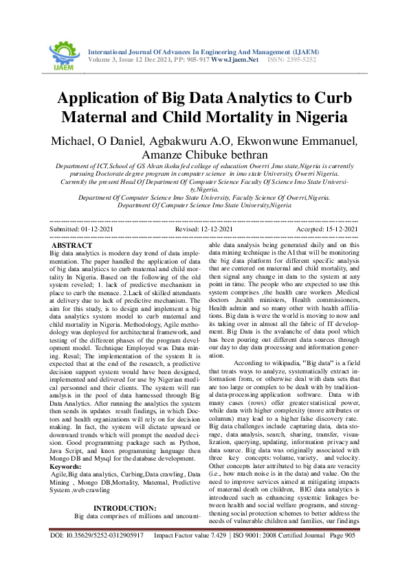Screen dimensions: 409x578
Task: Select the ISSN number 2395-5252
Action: tap(302, 60)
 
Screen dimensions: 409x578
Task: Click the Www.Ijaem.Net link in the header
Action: tap(234, 60)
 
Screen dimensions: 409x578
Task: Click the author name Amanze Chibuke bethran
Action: tap(205, 155)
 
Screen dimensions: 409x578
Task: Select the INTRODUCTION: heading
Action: tap(124, 470)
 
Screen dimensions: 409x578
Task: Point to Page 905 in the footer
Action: tap(342, 554)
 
